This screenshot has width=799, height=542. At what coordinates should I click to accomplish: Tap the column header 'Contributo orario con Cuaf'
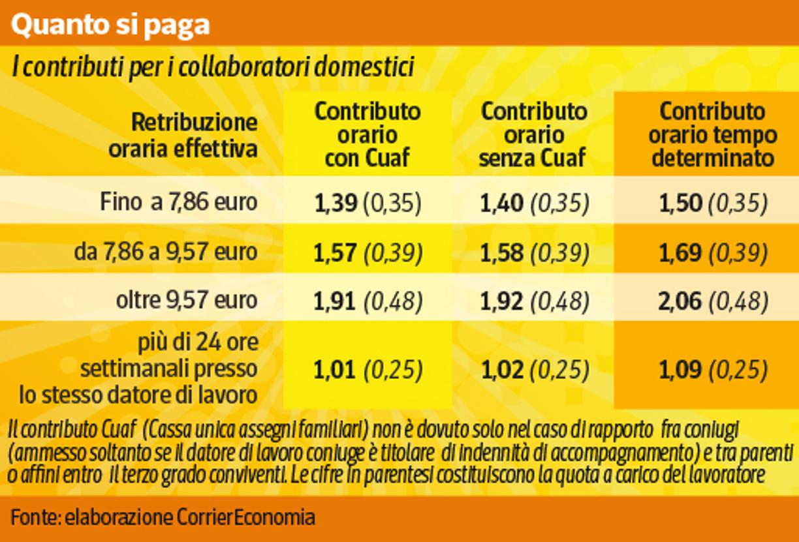pos(368,135)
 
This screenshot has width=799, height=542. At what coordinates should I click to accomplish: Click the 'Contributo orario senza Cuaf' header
pos(533,135)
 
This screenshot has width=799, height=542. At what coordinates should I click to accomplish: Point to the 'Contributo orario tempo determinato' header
pos(712,135)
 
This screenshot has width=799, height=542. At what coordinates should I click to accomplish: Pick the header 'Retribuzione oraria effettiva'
pos(183,136)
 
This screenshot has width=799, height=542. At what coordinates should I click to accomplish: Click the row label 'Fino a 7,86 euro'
pos(179,203)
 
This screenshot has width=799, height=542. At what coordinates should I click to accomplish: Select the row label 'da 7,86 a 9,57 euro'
pos(166,252)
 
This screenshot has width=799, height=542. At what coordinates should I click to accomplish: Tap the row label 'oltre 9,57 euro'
pos(187,301)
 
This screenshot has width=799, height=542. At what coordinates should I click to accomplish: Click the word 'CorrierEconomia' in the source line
pos(246,518)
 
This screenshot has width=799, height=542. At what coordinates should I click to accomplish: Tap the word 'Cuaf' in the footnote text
pos(118,430)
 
